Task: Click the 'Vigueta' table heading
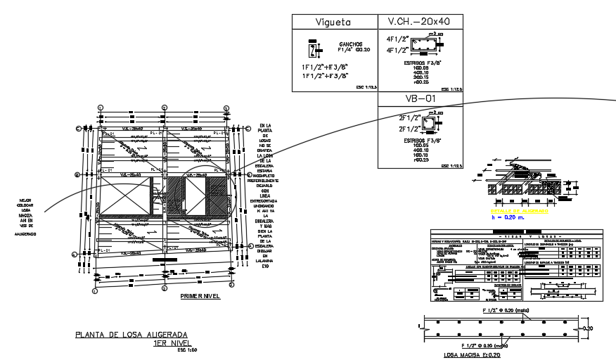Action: pyautogui.click(x=334, y=22)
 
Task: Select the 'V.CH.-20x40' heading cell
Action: pyautogui.click(x=420, y=22)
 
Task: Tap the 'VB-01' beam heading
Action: pyautogui.click(x=420, y=99)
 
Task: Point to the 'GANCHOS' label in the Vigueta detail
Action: pyautogui.click(x=349, y=43)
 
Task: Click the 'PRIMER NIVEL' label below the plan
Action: pyautogui.click(x=200, y=297)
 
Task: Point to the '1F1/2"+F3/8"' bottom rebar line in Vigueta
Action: pyautogui.click(x=325, y=76)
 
